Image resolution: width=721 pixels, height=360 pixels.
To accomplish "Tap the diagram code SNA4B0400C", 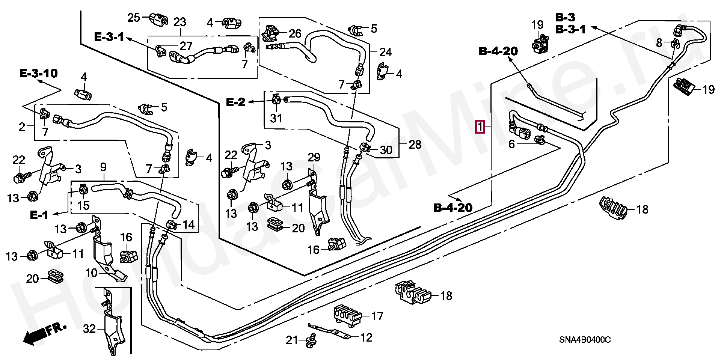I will click(x=585, y=340).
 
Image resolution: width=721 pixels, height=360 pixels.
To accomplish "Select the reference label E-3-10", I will click(x=39, y=73).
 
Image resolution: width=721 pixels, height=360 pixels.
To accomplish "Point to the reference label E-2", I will click(x=235, y=102).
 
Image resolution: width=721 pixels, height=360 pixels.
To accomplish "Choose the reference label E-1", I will click(x=39, y=215).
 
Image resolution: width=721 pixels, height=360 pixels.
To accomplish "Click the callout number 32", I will click(x=89, y=329).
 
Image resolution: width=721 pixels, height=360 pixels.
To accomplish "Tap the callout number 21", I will click(x=291, y=340).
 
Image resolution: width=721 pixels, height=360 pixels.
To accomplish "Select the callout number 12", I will click(x=366, y=337).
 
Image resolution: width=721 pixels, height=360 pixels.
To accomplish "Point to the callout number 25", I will click(x=134, y=18).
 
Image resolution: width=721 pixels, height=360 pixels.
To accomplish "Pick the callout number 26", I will click(x=295, y=34).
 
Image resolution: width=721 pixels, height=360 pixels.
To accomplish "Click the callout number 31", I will click(x=276, y=118).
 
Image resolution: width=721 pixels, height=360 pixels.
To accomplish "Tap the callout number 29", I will click(x=314, y=157).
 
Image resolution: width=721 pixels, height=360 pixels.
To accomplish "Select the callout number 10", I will click(x=92, y=273).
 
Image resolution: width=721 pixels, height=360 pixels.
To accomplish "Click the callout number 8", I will click(x=659, y=43).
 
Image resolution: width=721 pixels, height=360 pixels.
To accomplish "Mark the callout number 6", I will click(x=511, y=144).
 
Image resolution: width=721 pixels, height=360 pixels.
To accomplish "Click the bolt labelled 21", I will click(x=311, y=340).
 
